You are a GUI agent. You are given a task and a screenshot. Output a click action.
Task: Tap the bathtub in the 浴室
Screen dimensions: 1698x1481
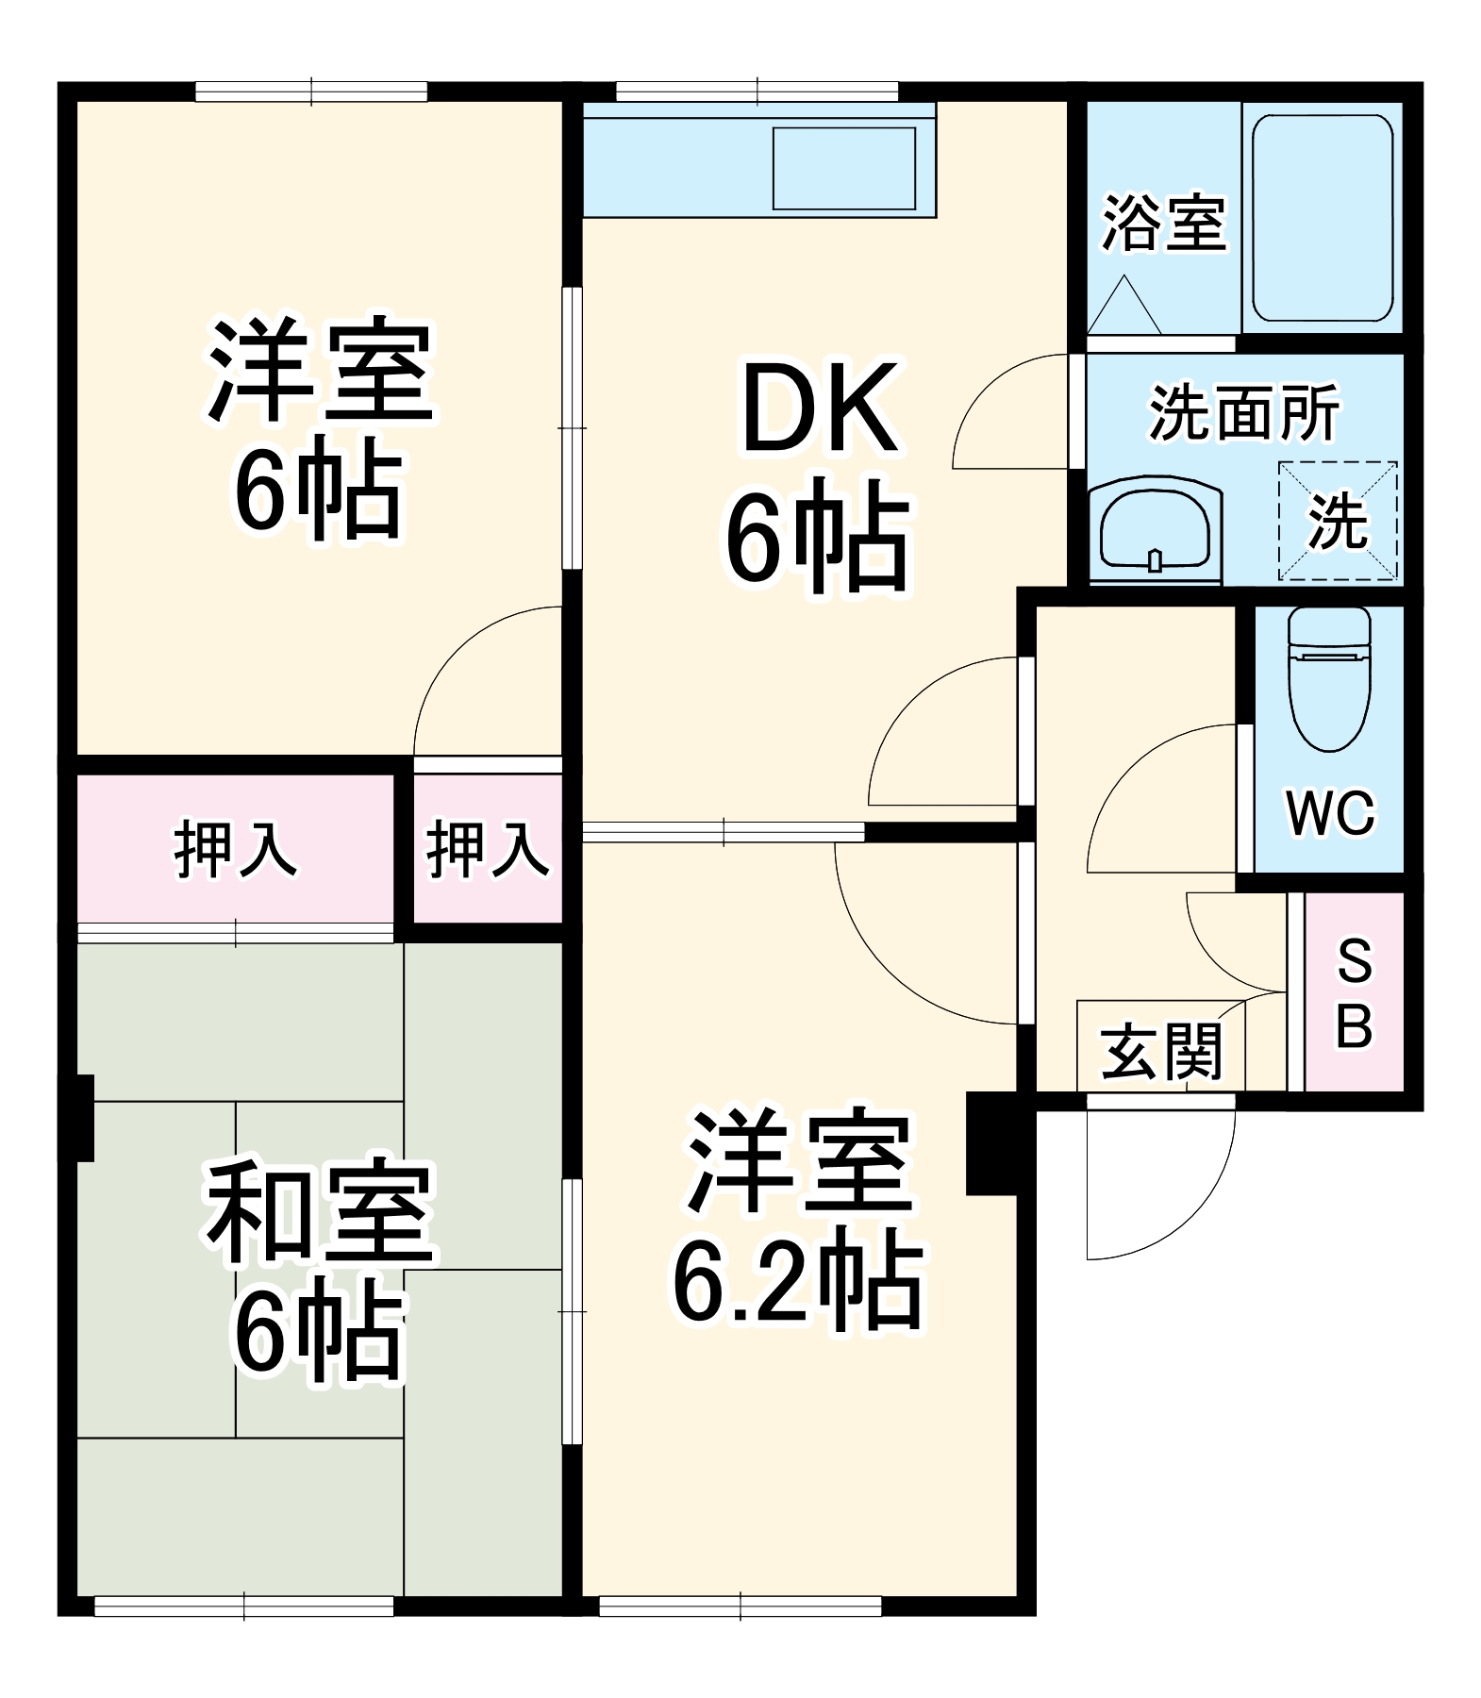[x=1322, y=218]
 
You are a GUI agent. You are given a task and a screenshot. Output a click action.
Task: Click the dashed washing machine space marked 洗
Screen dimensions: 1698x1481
[x=1337, y=521]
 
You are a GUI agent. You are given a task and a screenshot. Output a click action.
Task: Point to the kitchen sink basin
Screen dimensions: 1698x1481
[x=843, y=168]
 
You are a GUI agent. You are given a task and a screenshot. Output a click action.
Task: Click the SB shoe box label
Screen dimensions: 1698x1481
[x=1355, y=991]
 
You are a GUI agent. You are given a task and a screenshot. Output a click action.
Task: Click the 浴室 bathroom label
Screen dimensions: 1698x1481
[x=1164, y=224]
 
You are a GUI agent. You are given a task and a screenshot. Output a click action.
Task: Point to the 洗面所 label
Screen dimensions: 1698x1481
[x=1243, y=412]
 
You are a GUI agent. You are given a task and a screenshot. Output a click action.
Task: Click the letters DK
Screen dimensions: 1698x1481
[x=819, y=409]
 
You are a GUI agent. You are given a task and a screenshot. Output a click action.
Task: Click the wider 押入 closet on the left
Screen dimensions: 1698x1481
[x=235, y=849]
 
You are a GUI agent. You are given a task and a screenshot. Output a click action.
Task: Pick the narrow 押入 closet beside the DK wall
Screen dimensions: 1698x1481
[x=488, y=848]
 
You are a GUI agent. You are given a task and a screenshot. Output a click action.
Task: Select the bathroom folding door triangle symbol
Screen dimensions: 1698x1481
[x=1123, y=306]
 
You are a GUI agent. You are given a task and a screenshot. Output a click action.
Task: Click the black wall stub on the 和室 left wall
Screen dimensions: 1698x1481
[x=84, y=1117]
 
